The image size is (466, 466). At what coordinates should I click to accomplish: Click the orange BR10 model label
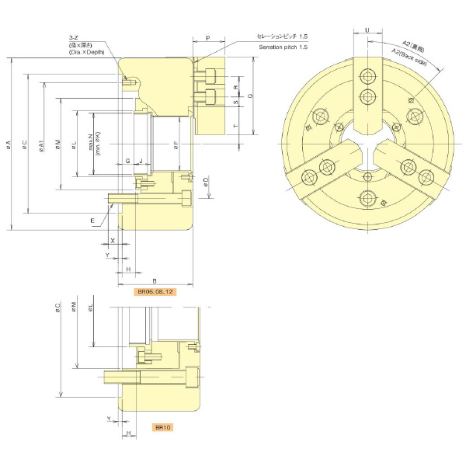coord(162,427)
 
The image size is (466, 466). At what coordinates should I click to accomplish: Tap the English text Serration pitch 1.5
coord(283,47)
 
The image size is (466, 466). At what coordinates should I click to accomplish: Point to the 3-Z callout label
coord(75,37)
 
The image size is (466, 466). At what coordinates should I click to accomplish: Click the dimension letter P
coord(208,37)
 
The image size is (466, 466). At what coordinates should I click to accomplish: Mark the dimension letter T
coord(235,124)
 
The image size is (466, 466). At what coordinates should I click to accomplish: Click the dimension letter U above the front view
coord(367,30)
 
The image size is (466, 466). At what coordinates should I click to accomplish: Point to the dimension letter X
coord(113,241)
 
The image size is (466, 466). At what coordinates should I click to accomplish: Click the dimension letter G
coord(127,161)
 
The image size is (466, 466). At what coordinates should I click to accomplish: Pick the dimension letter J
coord(141,161)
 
